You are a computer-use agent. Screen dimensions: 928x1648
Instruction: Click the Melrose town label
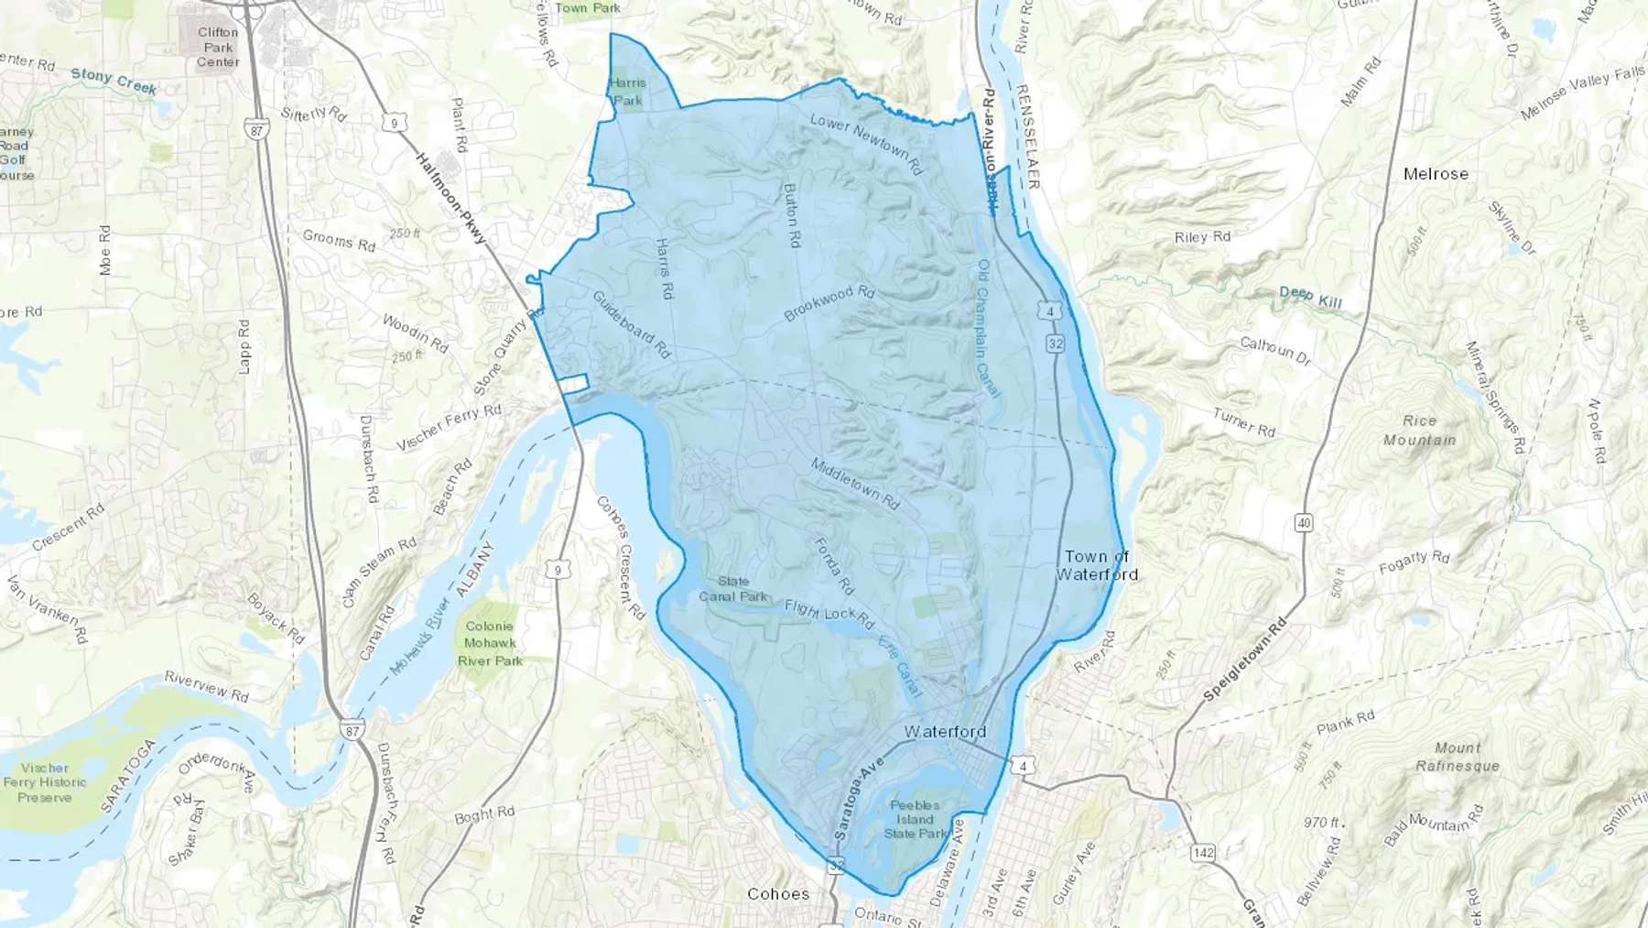(x=1435, y=174)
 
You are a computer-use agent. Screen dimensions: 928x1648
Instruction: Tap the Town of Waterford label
(x=1097, y=565)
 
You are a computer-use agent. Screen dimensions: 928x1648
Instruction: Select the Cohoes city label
(x=778, y=894)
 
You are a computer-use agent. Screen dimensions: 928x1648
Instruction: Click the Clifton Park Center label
(x=218, y=47)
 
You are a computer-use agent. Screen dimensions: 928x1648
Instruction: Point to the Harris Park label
(x=628, y=92)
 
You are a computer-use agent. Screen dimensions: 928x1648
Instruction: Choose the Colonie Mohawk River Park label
(x=490, y=643)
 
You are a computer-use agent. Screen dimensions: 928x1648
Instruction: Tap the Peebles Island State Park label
(x=915, y=820)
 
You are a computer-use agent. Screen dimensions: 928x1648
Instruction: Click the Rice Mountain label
(x=1419, y=431)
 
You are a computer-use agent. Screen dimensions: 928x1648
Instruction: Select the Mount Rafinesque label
(x=1458, y=757)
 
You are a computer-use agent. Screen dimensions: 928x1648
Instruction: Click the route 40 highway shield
(x=1304, y=523)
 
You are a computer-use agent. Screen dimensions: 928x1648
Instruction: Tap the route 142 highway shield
(x=1203, y=853)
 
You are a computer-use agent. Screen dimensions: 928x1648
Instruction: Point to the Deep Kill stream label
(x=1310, y=297)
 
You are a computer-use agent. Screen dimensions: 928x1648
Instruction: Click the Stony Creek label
(x=114, y=81)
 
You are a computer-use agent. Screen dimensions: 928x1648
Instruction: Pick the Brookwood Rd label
(x=829, y=304)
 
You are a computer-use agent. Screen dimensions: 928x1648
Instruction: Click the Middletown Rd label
(x=855, y=484)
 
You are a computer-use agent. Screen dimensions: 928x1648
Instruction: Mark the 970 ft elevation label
(x=1323, y=823)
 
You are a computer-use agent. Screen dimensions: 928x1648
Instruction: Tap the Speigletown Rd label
(x=1245, y=660)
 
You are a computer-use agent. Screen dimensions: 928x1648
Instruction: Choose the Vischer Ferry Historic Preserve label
(x=45, y=782)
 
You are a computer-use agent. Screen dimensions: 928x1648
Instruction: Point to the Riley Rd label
(x=1202, y=237)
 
